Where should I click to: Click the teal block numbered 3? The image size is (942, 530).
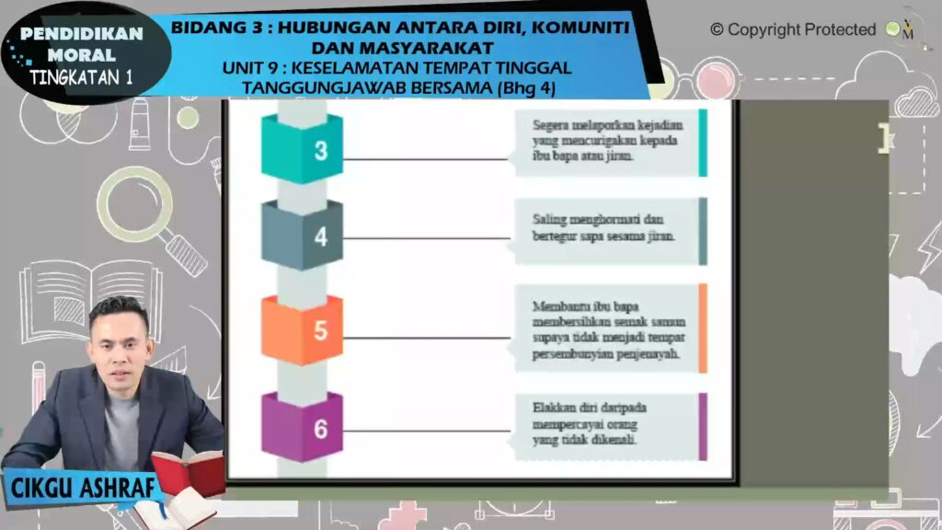pos(302,149)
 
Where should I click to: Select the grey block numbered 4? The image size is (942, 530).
pos(302,235)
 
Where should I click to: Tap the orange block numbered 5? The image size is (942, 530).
pos(302,329)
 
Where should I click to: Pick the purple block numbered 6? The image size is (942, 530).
pos(302,427)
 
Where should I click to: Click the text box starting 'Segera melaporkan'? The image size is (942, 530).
pos(607,143)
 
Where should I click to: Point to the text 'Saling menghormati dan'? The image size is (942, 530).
pos(598,219)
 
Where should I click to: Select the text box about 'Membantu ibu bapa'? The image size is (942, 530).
pos(607,329)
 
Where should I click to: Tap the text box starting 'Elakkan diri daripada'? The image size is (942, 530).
pos(607,427)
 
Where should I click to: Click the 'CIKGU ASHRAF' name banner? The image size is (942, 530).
pos(83,488)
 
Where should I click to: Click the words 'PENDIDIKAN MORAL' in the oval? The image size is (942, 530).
pos(82,44)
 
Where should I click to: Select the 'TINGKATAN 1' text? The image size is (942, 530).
pos(81,77)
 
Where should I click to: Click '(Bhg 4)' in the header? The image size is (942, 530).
pos(527,87)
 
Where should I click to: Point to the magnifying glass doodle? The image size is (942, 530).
pos(150,217)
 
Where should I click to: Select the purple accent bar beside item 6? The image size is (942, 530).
pos(703,427)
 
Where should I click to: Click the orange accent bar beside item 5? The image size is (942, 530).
pos(703,328)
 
